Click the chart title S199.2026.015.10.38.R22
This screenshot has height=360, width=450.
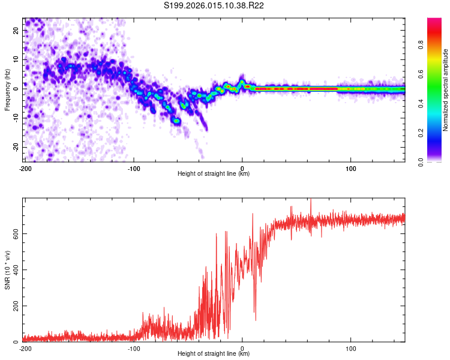click(224, 5)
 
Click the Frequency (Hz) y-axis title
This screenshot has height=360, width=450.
click(7, 89)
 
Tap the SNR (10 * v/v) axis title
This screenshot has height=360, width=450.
click(7, 272)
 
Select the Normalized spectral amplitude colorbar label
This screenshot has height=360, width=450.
click(446, 89)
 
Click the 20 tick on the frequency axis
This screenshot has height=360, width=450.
click(17, 30)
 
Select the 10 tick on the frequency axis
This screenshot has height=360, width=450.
click(17, 59)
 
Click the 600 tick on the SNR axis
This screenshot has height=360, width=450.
click(14, 233)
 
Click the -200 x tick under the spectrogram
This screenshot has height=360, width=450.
click(25, 169)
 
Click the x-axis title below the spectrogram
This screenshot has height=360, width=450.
click(214, 174)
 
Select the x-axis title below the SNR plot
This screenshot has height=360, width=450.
click(214, 354)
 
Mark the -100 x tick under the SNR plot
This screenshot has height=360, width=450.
click(134, 348)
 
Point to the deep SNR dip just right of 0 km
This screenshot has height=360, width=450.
click(256, 319)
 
